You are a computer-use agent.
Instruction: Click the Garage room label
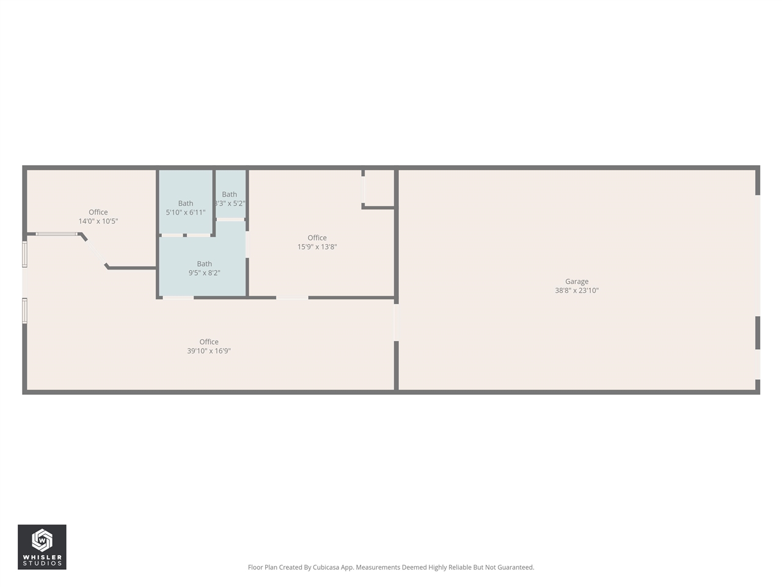point(576,281)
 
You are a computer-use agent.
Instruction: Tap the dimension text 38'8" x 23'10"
point(576,290)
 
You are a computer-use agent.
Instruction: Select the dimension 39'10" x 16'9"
point(208,351)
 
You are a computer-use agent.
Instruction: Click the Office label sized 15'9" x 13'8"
point(316,238)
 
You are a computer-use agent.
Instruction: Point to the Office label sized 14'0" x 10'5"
point(98,212)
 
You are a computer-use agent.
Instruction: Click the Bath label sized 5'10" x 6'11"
point(185,204)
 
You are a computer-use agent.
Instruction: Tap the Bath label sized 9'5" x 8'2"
point(204,264)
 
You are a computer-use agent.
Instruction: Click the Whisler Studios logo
point(42,547)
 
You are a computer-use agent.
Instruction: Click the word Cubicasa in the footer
point(326,567)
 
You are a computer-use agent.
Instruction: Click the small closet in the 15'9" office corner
point(379,188)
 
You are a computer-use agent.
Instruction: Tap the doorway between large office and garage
point(396,322)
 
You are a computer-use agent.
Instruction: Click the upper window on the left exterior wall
point(25,254)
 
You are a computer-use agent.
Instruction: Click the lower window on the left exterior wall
point(25,310)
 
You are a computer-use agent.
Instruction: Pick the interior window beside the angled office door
point(56,234)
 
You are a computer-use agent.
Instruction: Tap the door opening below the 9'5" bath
point(178,298)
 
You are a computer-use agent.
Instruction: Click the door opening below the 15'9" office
point(292,298)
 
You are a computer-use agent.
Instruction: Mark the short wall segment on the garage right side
point(758,333)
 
